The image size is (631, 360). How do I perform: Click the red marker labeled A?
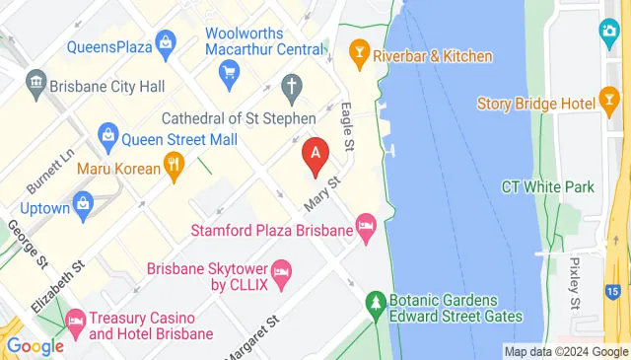click(315, 155)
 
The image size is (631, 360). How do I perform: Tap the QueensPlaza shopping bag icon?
click(165, 42)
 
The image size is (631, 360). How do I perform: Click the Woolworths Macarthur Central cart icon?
click(231, 71)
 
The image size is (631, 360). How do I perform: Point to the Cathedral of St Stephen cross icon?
click(291, 88)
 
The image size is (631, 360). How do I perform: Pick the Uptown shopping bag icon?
click(84, 205)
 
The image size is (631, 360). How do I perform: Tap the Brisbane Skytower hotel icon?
click(281, 273)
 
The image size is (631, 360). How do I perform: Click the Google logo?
click(35, 345)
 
